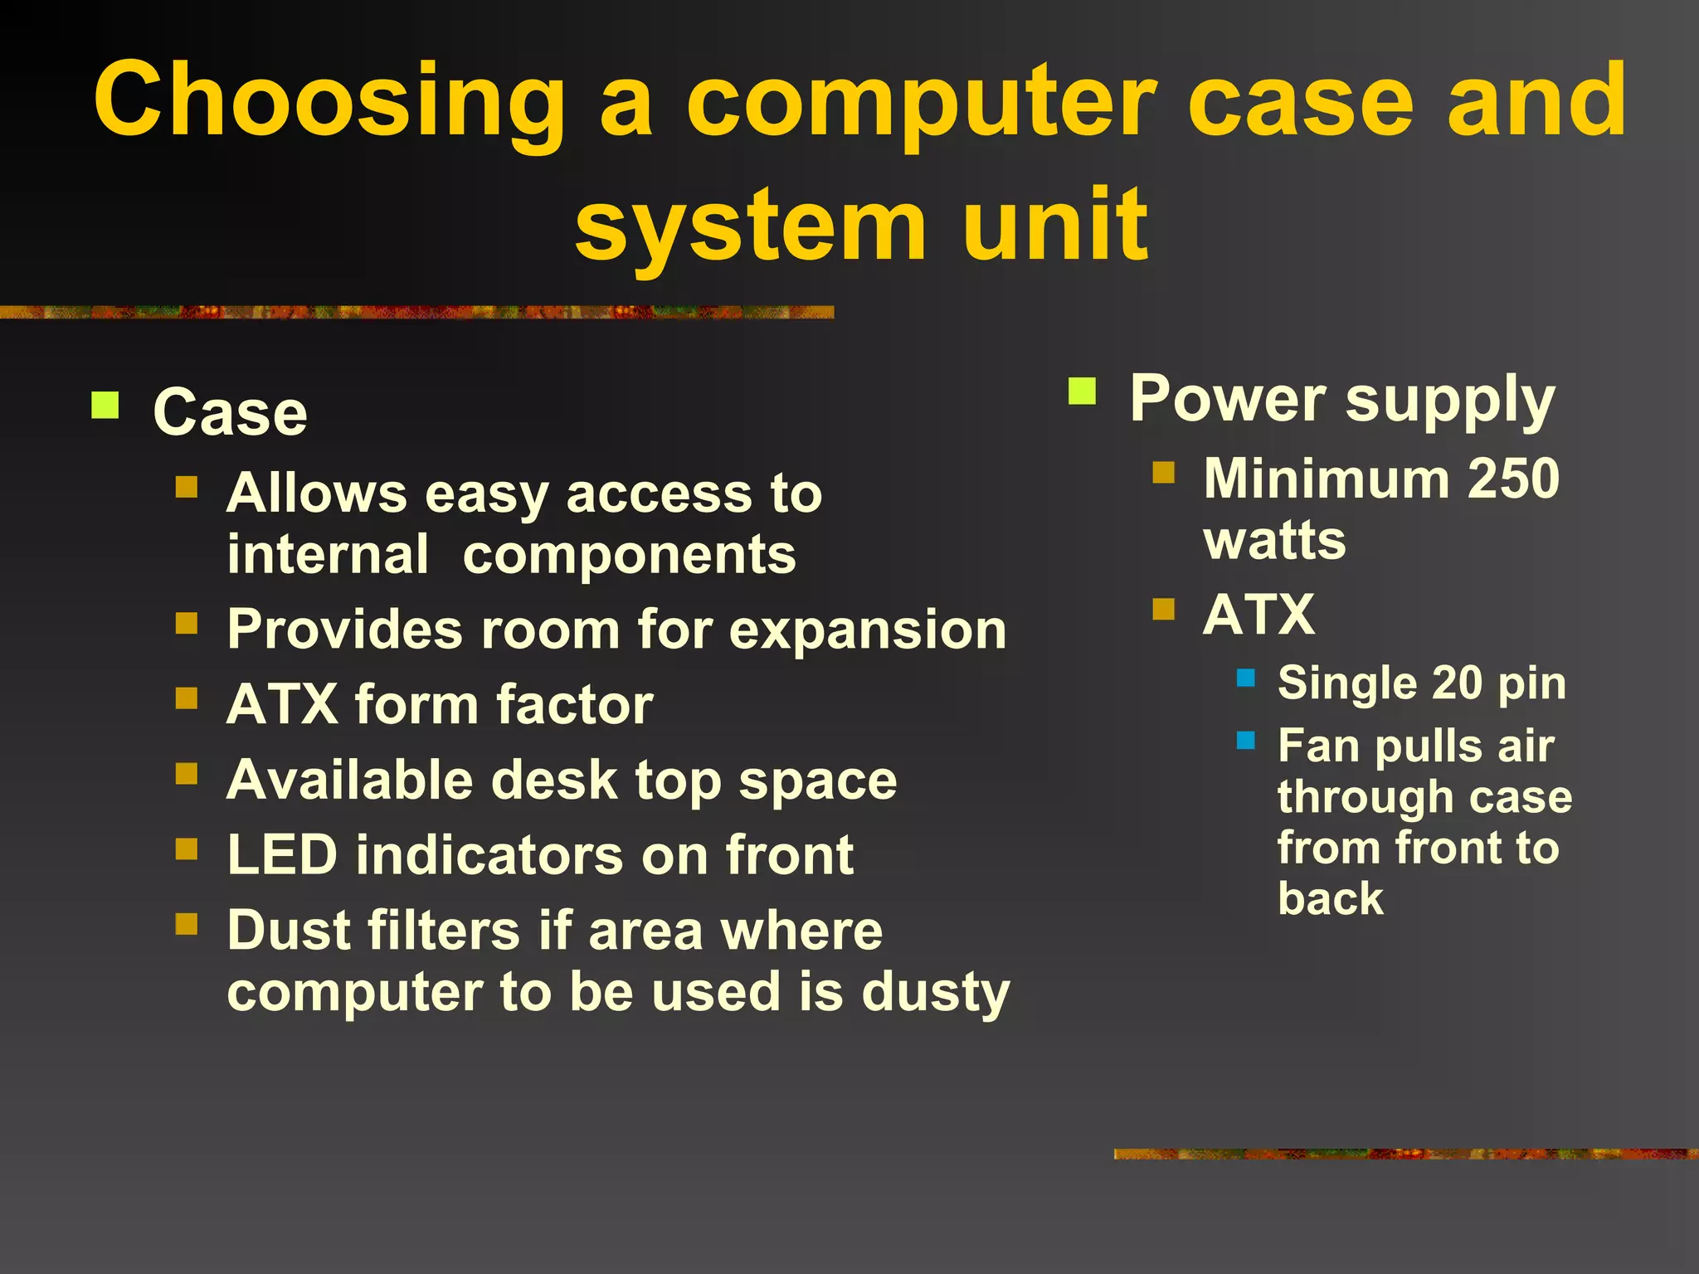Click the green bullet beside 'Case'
(105, 406)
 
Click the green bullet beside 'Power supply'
(1083, 390)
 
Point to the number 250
(1513, 479)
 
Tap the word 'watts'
(1274, 541)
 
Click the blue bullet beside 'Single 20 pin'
(1246, 678)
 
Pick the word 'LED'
(281, 855)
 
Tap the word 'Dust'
(290, 930)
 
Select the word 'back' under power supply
(1331, 898)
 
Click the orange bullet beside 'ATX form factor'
(187, 699)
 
